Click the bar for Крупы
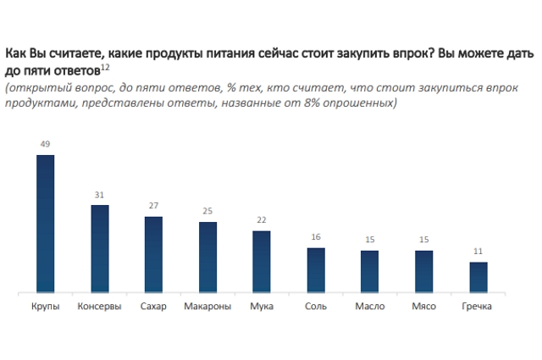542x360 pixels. pyautogui.click(x=45, y=224)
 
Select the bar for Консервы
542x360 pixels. pyautogui.click(x=99, y=250)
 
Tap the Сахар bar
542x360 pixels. pyautogui.click(x=153, y=255)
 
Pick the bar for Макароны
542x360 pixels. pyautogui.click(x=207, y=258)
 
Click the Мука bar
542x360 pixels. pyautogui.click(x=262, y=262)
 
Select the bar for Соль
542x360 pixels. pyautogui.click(x=316, y=271)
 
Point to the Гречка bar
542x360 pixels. pyautogui.click(x=478, y=278)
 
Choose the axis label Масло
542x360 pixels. pyautogui.click(x=370, y=307)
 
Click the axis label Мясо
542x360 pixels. pyautogui.click(x=423, y=307)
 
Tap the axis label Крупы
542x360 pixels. pyautogui.click(x=45, y=307)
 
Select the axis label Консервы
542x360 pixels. pyautogui.click(x=99, y=307)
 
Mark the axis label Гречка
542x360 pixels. pyautogui.click(x=478, y=307)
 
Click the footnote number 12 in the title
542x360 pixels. pyautogui.click(x=105, y=65)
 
